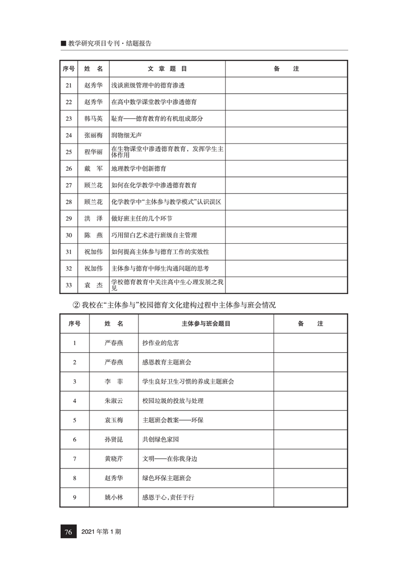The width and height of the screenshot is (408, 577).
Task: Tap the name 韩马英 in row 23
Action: coord(93,118)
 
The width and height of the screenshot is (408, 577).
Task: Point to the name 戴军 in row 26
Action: coord(93,168)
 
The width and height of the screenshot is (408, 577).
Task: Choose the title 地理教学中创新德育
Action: coord(139,168)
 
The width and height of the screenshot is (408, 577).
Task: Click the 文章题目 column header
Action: coord(167,69)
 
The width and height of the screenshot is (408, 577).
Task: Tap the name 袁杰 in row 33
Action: coord(93,284)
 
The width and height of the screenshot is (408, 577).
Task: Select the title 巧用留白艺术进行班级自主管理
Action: coord(154,235)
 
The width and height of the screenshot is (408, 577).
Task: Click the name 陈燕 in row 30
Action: coord(93,235)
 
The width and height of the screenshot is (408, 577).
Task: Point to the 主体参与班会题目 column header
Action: coord(205,324)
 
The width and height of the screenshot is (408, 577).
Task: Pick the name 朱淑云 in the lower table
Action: coord(114,401)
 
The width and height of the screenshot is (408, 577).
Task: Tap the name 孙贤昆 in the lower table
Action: coord(114,440)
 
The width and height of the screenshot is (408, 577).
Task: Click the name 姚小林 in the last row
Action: coord(114,497)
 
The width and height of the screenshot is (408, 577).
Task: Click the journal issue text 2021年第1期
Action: coord(101,532)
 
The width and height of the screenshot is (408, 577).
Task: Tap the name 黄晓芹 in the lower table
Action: coord(114,459)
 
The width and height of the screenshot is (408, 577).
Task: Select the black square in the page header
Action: coord(63,44)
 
